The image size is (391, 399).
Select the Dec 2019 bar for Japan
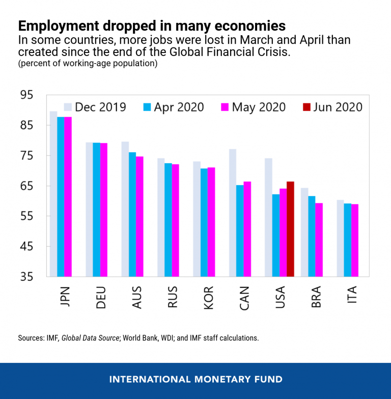point(53,194)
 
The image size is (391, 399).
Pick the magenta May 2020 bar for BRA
point(319,240)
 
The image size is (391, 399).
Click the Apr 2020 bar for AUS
point(132,214)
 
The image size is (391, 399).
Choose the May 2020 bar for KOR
point(211,222)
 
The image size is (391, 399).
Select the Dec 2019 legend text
point(100,107)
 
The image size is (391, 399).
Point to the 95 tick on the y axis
point(26,95)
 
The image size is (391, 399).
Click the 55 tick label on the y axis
point(26,217)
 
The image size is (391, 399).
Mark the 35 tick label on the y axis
point(26,277)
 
